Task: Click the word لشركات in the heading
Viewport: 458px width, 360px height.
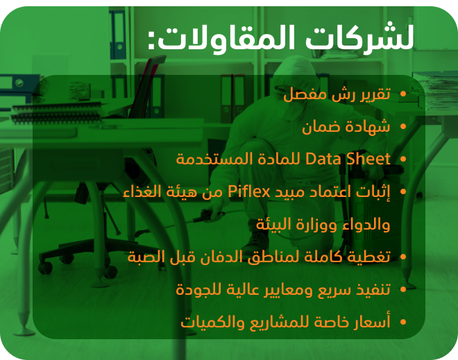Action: pyautogui.click(x=359, y=36)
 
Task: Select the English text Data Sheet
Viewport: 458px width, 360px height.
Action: pyautogui.click(x=348, y=159)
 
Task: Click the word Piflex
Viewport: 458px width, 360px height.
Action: pyautogui.click(x=249, y=192)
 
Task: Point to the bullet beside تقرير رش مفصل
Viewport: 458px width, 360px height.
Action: pyautogui.click(x=403, y=94)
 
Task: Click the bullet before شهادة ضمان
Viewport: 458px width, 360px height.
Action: pyautogui.click(x=403, y=126)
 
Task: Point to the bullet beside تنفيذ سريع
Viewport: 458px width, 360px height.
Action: pyautogui.click(x=403, y=289)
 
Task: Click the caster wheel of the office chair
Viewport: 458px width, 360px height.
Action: pyautogui.click(x=45, y=268)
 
